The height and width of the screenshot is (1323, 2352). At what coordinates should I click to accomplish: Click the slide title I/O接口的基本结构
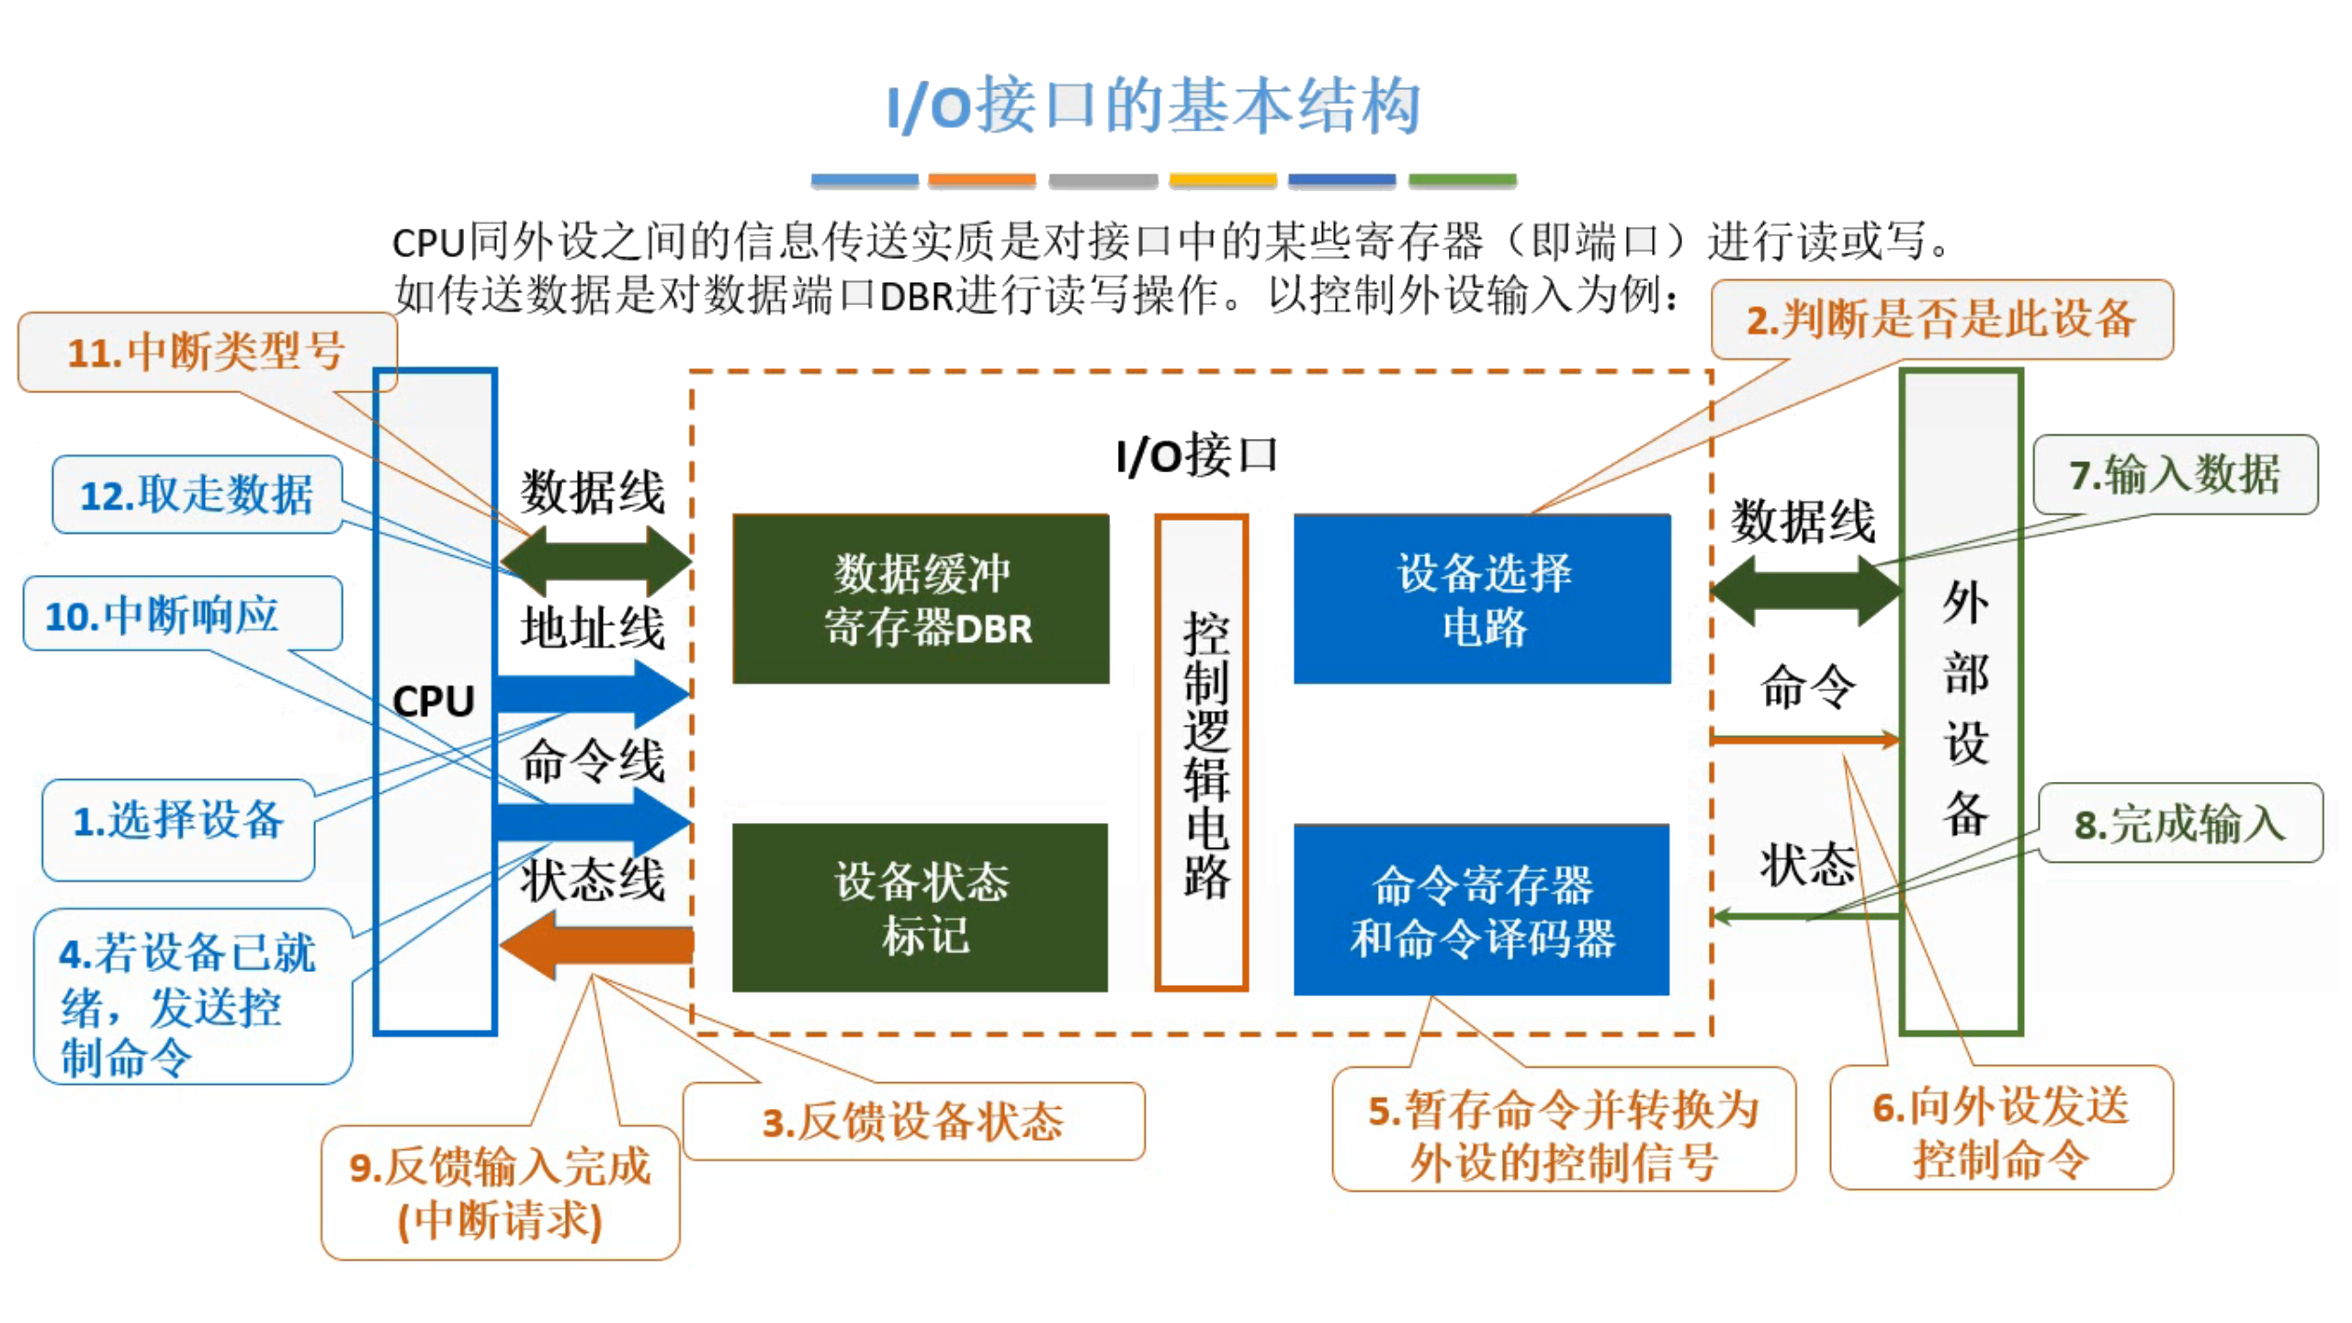point(1153,106)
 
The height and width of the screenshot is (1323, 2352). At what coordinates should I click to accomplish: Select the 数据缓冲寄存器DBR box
point(921,599)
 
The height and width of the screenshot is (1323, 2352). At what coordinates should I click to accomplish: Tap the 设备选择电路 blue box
point(1481,599)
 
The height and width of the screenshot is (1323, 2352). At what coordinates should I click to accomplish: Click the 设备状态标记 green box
point(921,908)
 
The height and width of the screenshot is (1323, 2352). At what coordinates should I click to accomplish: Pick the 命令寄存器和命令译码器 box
point(1481,910)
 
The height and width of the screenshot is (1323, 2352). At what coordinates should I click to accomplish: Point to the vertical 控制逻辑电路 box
point(1201,752)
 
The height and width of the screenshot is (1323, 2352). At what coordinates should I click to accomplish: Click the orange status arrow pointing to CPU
point(597,944)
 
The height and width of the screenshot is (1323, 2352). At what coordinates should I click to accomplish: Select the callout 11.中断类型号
point(207,352)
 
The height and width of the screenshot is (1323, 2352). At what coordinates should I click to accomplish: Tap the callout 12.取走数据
point(197,495)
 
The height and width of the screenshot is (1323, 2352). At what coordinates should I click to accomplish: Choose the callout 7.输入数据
point(2174,475)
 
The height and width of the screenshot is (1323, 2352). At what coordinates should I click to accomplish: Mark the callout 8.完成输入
point(2179,823)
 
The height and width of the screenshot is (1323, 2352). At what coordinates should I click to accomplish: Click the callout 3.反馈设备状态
point(913,1122)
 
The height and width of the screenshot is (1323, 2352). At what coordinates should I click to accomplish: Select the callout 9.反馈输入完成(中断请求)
point(500,1193)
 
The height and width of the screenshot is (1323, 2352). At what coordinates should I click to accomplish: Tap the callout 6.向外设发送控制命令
point(2000,1130)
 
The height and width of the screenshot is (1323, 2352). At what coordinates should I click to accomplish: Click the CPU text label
point(433,702)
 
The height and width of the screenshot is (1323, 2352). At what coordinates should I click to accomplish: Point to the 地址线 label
point(593,628)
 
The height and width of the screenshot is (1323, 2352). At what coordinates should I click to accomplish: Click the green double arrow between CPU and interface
point(595,560)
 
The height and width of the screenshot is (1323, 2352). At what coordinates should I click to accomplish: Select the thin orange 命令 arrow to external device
point(1803,739)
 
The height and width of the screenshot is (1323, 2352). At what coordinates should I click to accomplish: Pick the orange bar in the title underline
point(981,181)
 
